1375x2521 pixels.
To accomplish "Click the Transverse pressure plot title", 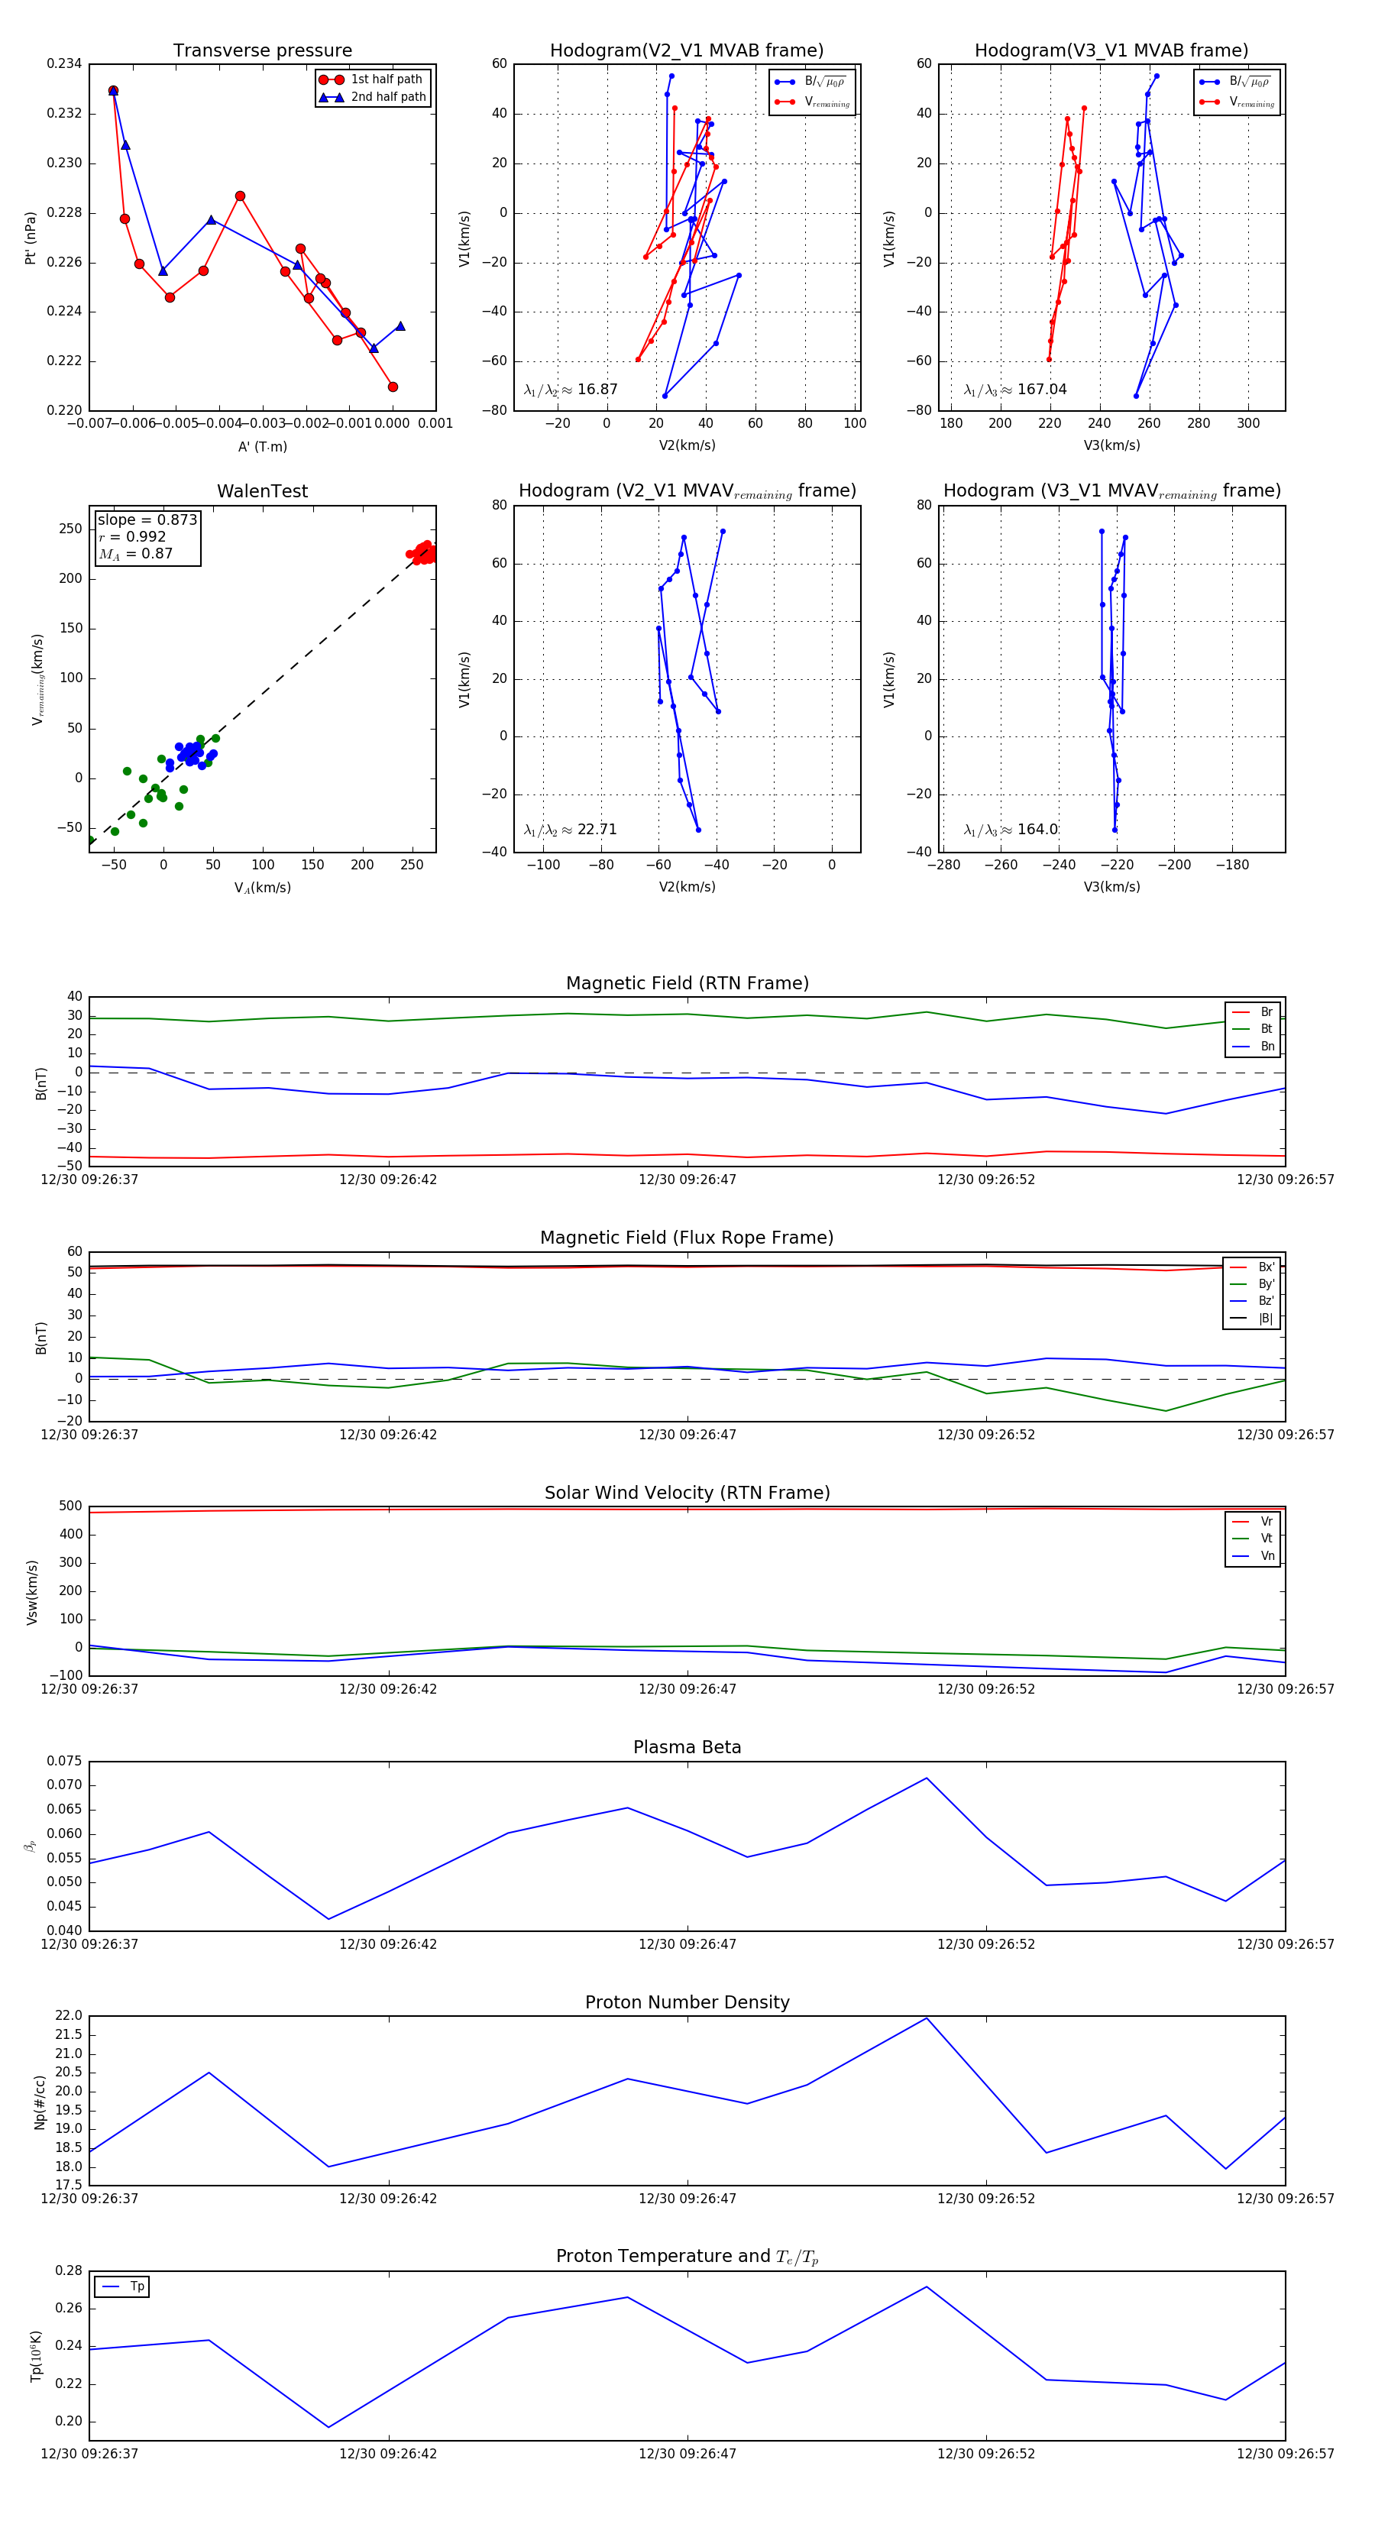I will [x=262, y=51].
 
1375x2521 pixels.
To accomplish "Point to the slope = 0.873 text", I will [x=147, y=519].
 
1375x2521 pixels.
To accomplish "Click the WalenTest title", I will [x=262, y=491].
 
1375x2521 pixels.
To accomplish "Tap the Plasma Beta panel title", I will [x=687, y=1747].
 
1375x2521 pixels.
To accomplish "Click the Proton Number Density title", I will [x=687, y=2002].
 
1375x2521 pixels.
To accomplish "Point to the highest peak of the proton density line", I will [x=927, y=2018].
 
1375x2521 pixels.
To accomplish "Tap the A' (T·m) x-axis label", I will [x=262, y=446].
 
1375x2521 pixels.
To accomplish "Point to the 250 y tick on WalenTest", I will [x=70, y=529].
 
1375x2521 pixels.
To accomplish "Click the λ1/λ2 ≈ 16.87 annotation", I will [x=571, y=390].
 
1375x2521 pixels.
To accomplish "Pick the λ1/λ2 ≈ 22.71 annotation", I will [x=571, y=830].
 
